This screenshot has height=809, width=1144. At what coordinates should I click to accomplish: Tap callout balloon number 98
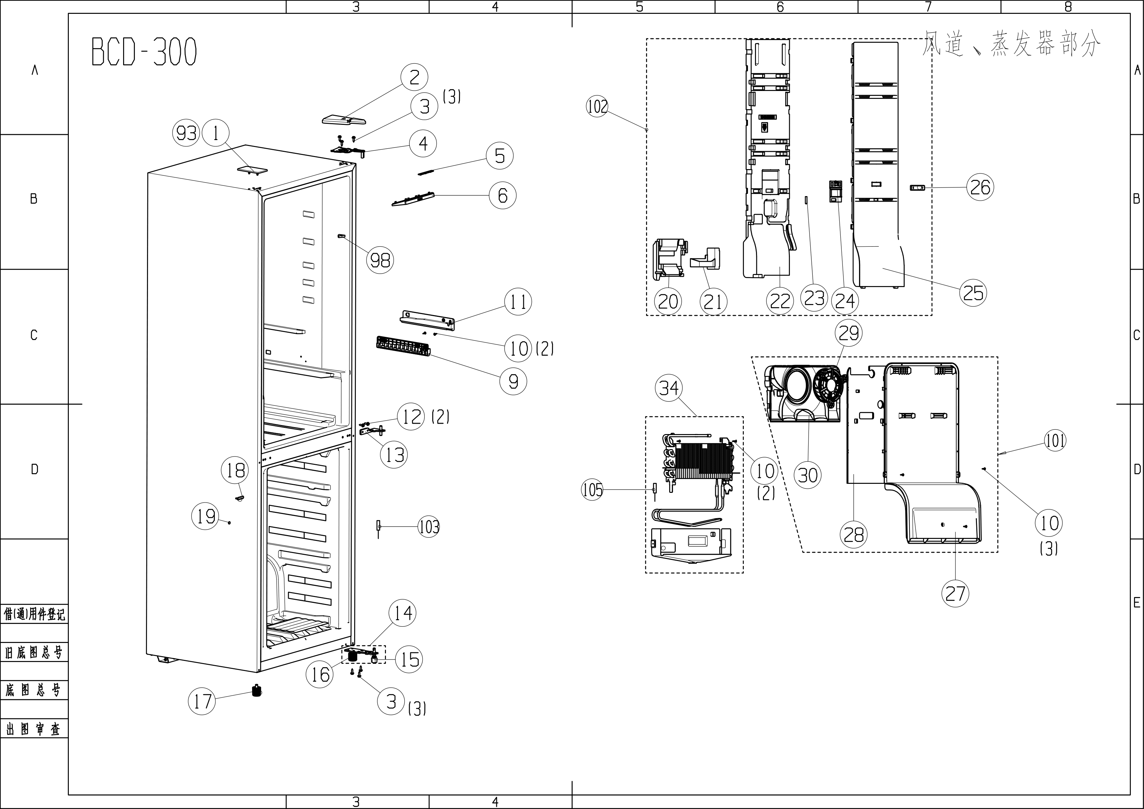click(x=380, y=260)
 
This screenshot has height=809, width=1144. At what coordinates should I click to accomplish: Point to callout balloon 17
click(x=202, y=701)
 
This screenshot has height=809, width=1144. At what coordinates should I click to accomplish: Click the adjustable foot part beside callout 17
click(x=257, y=691)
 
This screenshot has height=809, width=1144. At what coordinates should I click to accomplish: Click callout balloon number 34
click(x=669, y=388)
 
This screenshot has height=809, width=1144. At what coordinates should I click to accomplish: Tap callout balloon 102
click(x=597, y=106)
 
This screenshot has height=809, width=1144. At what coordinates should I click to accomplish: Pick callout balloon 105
click(x=592, y=490)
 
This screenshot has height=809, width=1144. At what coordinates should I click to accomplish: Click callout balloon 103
click(x=429, y=526)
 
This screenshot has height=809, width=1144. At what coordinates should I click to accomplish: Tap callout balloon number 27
click(x=955, y=594)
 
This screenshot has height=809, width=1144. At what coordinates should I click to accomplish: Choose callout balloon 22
click(x=780, y=301)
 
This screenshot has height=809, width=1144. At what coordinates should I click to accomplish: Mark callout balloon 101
click(x=1055, y=441)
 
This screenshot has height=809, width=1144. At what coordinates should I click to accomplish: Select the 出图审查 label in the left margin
click(x=34, y=729)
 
